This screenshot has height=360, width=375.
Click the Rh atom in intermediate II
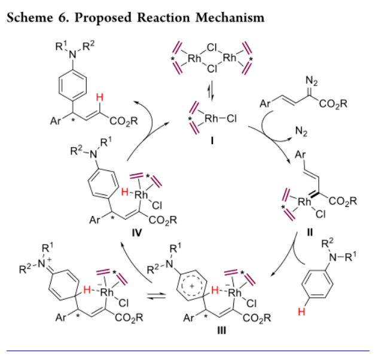(x=304, y=203)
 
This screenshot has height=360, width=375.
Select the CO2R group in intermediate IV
(x=163, y=221)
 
